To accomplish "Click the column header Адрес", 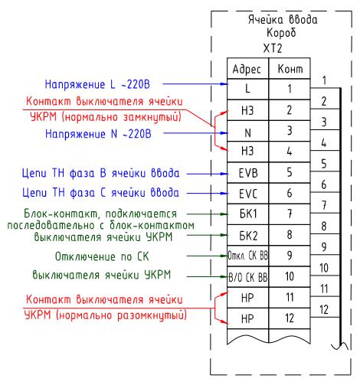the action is click(247, 69).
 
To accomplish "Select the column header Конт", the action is click(290, 69).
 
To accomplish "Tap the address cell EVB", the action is click(248, 173).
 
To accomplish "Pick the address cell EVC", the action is click(248, 194).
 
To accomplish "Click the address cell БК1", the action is click(248, 214).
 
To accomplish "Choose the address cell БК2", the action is click(248, 236).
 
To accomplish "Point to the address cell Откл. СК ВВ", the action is click(248, 256).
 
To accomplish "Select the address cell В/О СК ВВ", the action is click(248, 277).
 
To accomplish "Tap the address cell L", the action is click(247, 89).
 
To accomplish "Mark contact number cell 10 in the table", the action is click(290, 276).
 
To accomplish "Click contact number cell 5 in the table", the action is click(290, 172).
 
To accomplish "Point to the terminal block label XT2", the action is click(273, 48).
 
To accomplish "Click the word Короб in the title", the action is click(281, 33).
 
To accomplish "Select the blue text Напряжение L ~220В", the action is click(97, 84).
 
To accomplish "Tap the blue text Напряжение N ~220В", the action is click(98, 134).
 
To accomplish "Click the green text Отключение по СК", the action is click(102, 256).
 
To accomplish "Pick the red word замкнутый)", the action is click(152, 117).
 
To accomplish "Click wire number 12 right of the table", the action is click(324, 310).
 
